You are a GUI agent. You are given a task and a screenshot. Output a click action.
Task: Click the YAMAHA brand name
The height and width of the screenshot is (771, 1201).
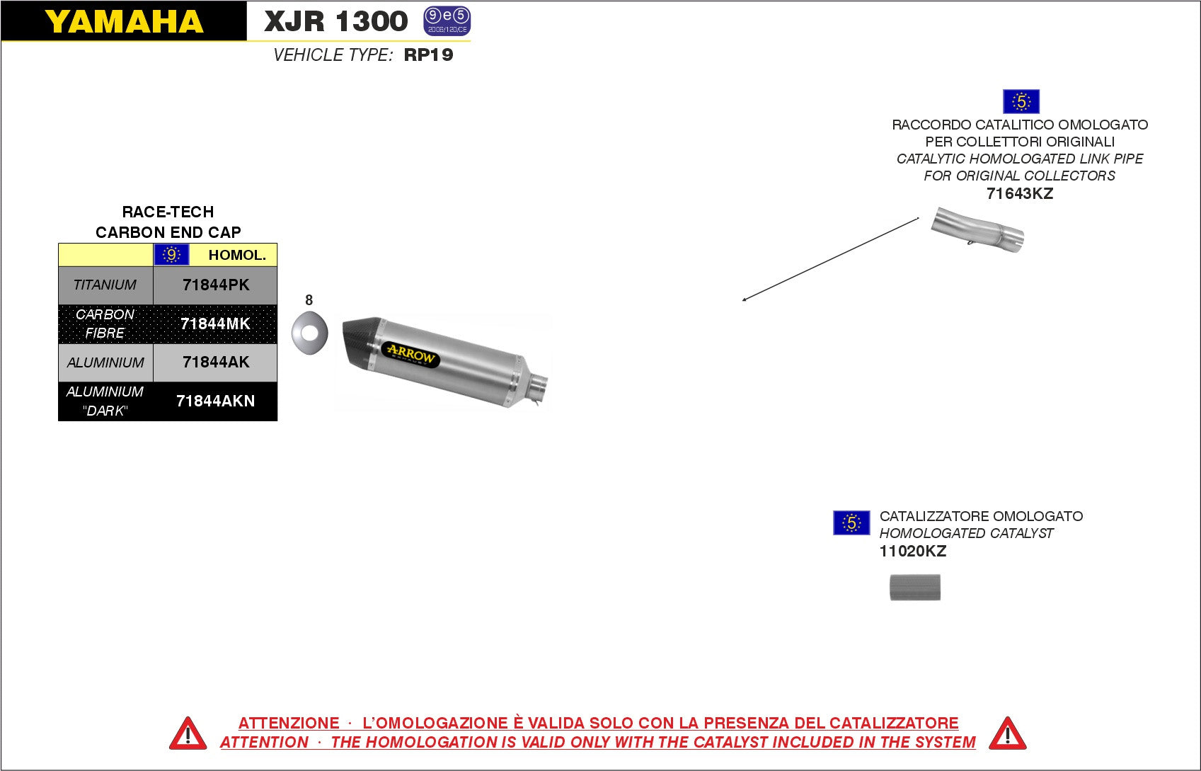click(124, 22)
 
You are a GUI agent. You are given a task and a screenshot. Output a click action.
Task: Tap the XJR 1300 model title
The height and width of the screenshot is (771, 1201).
click(335, 22)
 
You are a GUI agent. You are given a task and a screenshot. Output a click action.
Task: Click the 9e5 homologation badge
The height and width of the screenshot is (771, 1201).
click(447, 21)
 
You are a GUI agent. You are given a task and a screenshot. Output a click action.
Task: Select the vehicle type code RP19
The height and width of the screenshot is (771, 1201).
click(428, 55)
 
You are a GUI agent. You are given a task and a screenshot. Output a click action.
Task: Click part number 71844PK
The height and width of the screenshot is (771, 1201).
click(216, 285)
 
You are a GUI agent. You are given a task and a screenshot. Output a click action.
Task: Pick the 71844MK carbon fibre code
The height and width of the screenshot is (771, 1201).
click(215, 324)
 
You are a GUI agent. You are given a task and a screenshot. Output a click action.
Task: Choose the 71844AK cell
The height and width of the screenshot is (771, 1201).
click(216, 362)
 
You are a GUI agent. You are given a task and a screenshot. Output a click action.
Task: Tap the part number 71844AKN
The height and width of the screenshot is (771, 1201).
click(215, 401)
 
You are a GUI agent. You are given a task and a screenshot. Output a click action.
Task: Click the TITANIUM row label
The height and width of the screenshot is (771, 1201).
click(105, 285)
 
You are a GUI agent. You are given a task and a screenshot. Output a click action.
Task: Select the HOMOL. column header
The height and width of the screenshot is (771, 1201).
click(237, 256)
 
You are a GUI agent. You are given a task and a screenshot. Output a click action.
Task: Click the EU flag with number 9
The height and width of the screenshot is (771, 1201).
click(171, 255)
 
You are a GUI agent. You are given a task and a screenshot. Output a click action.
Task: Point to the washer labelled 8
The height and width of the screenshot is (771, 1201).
click(310, 333)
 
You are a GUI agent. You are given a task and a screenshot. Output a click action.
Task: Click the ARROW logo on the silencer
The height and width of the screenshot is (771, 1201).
click(410, 353)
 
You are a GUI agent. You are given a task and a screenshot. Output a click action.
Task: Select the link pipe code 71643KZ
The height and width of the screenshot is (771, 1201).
click(1019, 194)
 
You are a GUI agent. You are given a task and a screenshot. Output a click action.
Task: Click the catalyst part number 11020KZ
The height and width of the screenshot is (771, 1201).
click(912, 552)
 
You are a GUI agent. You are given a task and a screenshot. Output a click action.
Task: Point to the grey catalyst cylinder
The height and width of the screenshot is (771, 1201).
click(915, 588)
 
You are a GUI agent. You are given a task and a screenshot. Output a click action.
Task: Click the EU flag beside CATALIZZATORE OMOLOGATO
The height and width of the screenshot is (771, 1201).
click(851, 523)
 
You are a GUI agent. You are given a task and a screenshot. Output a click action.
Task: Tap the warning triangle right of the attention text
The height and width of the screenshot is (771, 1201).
click(1007, 733)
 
